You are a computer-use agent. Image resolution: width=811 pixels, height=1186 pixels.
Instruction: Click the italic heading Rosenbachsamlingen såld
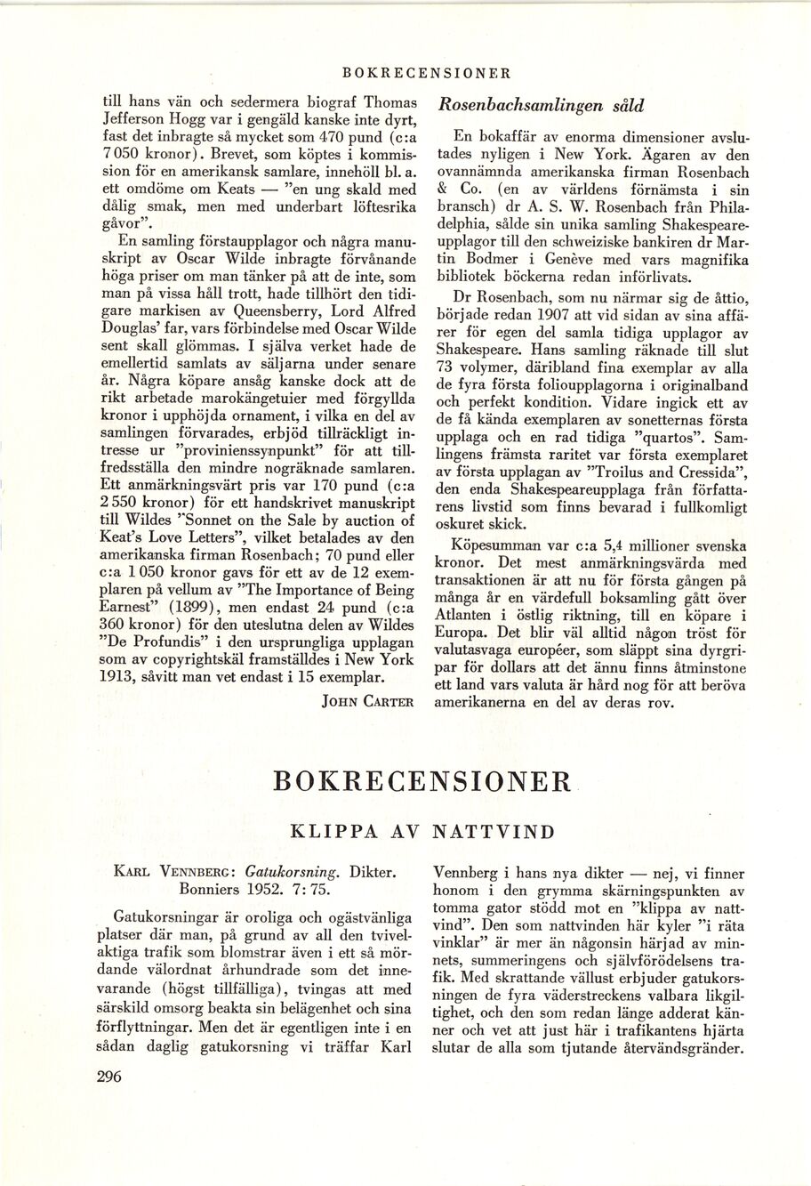coord(542,104)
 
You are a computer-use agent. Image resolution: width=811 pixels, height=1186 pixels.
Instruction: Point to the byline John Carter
coord(369,701)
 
